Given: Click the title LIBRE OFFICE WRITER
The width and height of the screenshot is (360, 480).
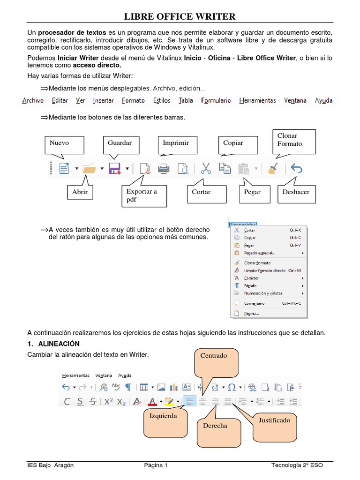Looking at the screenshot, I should click(x=180, y=17).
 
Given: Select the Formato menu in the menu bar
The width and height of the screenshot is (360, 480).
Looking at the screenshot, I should click(x=133, y=100).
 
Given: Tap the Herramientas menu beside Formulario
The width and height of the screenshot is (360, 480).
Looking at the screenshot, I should click(x=257, y=100).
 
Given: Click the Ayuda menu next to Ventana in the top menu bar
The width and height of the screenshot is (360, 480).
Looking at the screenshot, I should click(x=323, y=100).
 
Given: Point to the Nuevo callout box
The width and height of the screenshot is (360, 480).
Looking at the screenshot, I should click(x=65, y=145).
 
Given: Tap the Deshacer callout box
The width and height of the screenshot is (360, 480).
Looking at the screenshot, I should click(x=296, y=192).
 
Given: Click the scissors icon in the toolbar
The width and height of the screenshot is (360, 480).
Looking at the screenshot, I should click(x=205, y=168).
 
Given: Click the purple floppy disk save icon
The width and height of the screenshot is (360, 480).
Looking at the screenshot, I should click(x=114, y=168).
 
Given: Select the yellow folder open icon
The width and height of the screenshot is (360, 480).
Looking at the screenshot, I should click(x=89, y=168).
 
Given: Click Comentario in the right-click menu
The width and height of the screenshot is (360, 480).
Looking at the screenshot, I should click(x=255, y=303).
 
